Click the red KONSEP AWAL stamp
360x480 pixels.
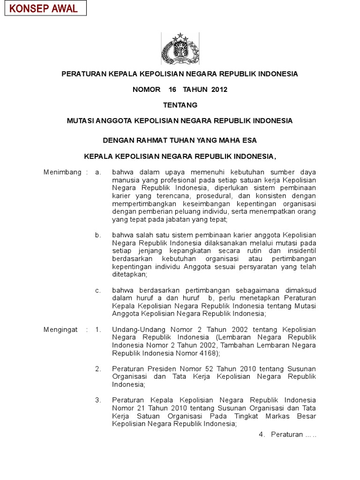(45, 8)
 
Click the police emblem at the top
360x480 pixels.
(180, 48)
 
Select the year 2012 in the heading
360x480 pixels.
(219, 90)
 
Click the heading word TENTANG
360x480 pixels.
(180, 105)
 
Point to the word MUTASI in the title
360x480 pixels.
(80, 121)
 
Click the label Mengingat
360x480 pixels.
(61, 330)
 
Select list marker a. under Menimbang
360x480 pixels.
(98, 172)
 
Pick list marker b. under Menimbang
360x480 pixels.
(98, 235)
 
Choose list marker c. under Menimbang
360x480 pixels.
(98, 290)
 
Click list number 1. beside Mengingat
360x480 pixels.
(98, 330)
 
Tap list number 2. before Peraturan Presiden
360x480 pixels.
(98, 369)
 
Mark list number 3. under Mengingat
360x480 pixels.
(98, 400)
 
